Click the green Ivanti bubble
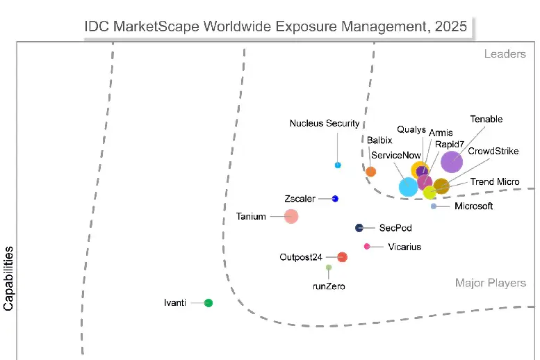208,302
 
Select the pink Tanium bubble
291,216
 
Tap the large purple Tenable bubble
451,161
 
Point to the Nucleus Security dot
338,165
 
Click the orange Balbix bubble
371,172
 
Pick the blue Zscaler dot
335,199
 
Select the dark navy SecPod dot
359,228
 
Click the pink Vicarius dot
367,246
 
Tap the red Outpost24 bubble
342,257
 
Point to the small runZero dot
329,268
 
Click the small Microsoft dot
434,206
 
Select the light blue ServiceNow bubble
408,186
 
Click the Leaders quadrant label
505,54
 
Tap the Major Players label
490,283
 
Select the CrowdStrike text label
493,151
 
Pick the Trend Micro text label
494,182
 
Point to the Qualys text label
411,129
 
